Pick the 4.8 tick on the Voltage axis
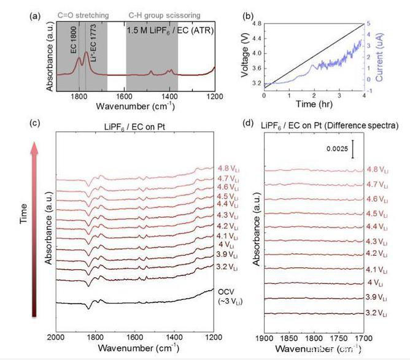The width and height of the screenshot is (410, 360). click(257, 23)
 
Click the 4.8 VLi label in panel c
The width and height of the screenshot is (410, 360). click(226, 168)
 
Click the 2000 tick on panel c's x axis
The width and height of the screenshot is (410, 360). click(56, 337)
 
